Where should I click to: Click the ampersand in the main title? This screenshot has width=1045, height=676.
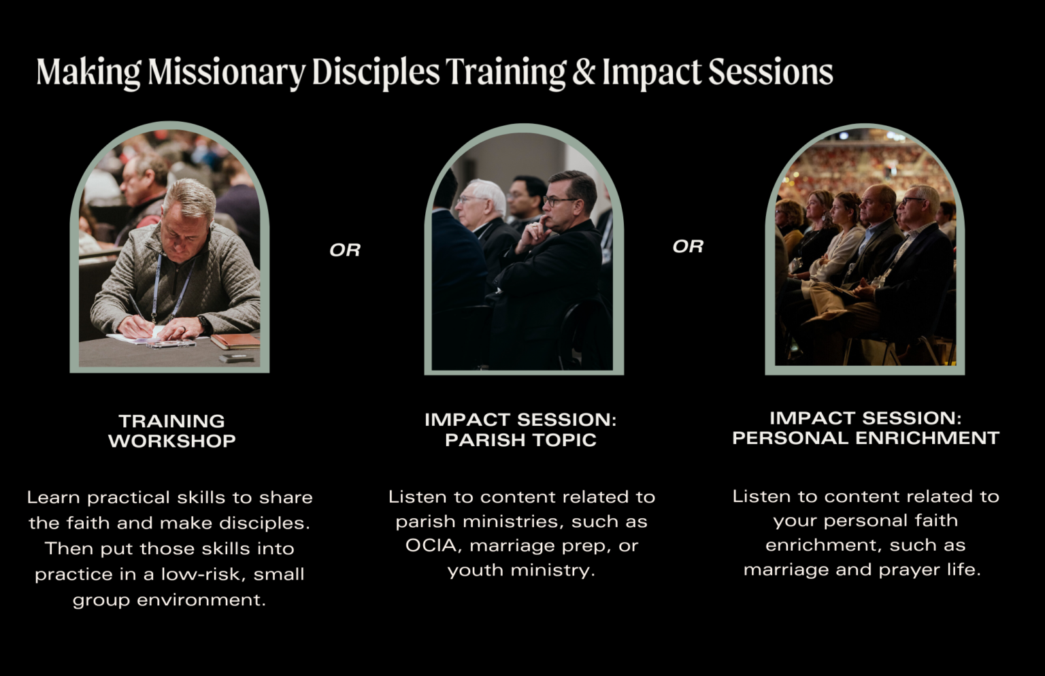(x=583, y=72)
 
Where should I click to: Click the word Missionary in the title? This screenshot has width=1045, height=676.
(x=227, y=72)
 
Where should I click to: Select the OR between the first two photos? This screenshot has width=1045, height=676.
(x=345, y=250)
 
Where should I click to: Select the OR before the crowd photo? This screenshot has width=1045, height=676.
(x=688, y=246)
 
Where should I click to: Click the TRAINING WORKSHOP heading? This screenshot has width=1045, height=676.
(x=171, y=430)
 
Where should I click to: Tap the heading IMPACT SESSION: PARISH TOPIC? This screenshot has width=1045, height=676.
(x=520, y=429)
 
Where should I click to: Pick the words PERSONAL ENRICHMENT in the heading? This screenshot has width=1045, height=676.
(x=865, y=438)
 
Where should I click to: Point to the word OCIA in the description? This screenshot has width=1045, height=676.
(x=431, y=545)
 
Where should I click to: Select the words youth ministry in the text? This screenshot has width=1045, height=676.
(x=521, y=570)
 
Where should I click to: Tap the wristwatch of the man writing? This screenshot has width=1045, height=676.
(x=203, y=324)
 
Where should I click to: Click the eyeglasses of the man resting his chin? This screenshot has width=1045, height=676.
(x=559, y=201)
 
